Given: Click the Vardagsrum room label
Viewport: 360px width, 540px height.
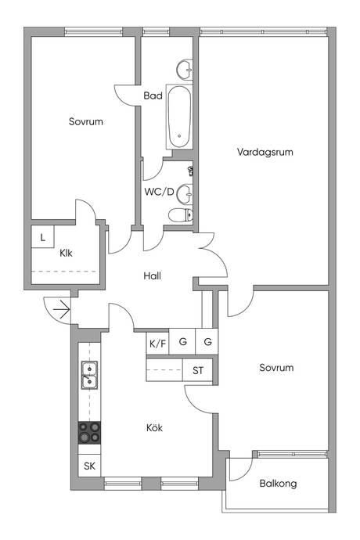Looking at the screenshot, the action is pos(265,152).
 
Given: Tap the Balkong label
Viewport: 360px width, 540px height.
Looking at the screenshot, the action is pos(278,484).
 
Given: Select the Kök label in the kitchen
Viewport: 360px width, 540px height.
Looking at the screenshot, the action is pos(154,428).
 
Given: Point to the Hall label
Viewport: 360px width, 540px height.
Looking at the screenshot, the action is pos(152,275).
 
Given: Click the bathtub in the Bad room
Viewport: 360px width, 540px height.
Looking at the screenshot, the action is pos(179,117).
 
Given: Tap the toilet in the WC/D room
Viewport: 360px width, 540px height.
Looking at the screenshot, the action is pos(181,215).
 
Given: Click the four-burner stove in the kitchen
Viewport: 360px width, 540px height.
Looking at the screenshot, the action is pos(89,433).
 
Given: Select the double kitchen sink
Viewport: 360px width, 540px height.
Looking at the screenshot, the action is pos(89,375).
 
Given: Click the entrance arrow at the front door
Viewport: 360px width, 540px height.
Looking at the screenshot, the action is pos(62,309).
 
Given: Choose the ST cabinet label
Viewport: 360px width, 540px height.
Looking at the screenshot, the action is pos(198,370).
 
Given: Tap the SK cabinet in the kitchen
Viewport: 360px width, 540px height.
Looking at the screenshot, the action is pos(89,466).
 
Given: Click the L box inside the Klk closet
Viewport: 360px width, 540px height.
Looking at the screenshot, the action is pos(43,236).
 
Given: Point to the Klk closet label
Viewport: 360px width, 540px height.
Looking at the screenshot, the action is pos(66,253).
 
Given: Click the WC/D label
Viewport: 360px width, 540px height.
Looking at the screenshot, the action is pos(159,192).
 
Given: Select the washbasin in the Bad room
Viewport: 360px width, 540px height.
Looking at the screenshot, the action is pos(185,70).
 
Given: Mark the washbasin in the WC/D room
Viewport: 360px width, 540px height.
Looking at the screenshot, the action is pos(185,194).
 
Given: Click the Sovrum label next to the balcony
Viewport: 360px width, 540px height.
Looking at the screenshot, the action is pos(276,368).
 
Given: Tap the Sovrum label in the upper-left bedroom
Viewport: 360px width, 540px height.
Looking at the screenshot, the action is pos(86,121).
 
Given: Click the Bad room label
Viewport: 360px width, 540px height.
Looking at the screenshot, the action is pos(153,95).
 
